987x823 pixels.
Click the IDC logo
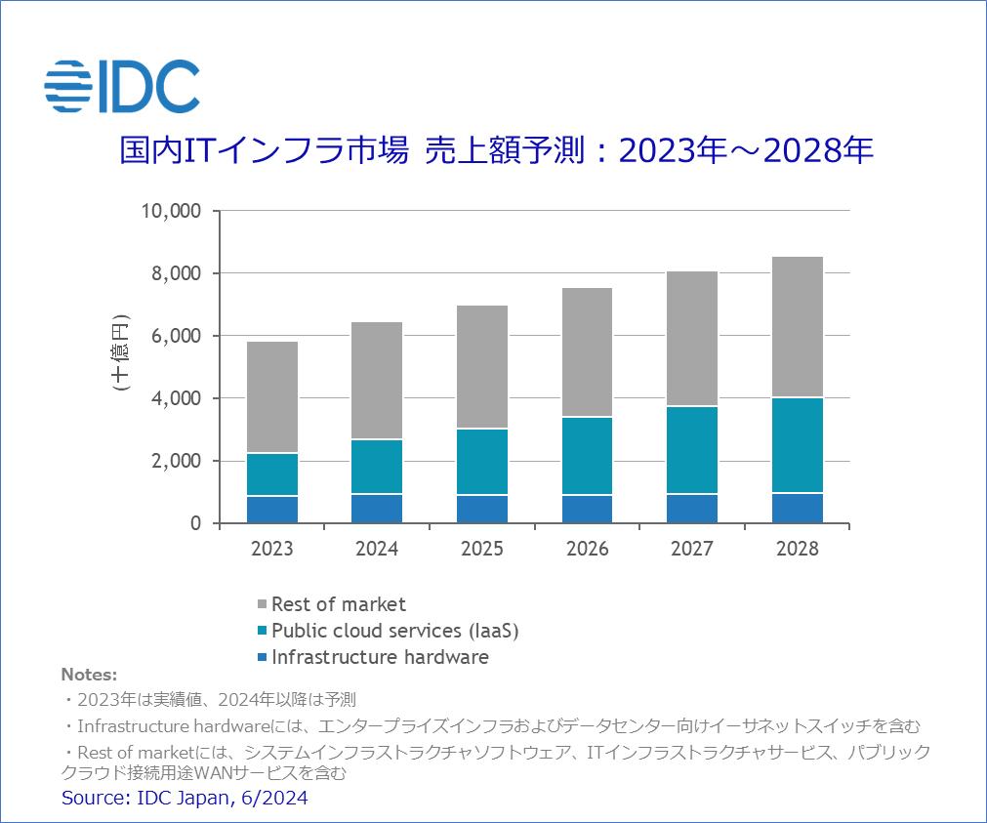coord(122,85)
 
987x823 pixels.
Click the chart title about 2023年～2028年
coord(495,151)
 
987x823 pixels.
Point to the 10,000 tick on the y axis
coord(172,211)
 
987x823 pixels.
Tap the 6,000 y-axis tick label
coord(176,336)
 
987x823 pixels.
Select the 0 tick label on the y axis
coord(195,523)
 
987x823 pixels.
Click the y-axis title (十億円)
coord(120,352)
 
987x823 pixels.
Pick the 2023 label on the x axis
coord(271,549)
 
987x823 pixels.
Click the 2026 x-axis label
coord(587,549)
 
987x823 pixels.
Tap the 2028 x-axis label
coord(797,549)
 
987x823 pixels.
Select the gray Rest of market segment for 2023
coord(271,396)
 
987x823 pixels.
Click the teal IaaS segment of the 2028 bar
coord(797,445)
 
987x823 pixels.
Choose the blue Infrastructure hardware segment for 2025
coord(481,509)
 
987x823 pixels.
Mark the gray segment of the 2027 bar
coord(692,338)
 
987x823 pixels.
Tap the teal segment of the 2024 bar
coord(377,467)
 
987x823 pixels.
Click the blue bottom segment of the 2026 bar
coord(587,509)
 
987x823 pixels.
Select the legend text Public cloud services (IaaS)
coord(394,631)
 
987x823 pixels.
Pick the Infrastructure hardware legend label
coord(380,657)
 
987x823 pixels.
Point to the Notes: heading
coord(89,675)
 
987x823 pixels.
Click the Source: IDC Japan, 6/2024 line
coord(185,799)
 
